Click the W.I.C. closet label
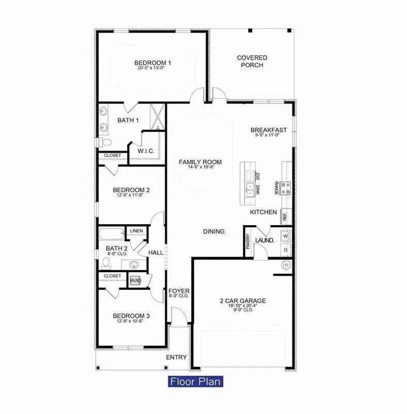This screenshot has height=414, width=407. [x=144, y=151]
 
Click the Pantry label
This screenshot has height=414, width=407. [x=248, y=241]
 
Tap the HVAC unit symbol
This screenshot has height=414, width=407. [x=134, y=279]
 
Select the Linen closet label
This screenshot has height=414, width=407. [x=136, y=231]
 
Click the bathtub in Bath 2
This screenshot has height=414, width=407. [x=112, y=233]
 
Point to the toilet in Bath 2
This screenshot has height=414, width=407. [x=106, y=263]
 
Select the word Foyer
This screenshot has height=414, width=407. [x=179, y=291]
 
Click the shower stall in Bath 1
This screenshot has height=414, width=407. [x=156, y=116]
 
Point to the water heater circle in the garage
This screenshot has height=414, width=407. [x=284, y=266]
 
